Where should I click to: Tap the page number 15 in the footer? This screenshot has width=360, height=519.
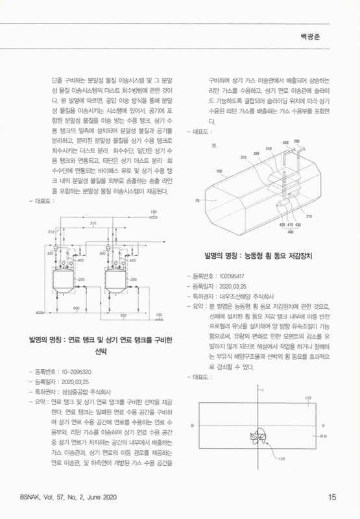(x=331, y=498)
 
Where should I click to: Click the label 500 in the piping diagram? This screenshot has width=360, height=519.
(x=124, y=315)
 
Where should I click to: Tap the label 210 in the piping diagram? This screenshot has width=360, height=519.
(x=51, y=232)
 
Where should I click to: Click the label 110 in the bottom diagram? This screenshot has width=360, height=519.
(x=308, y=398)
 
